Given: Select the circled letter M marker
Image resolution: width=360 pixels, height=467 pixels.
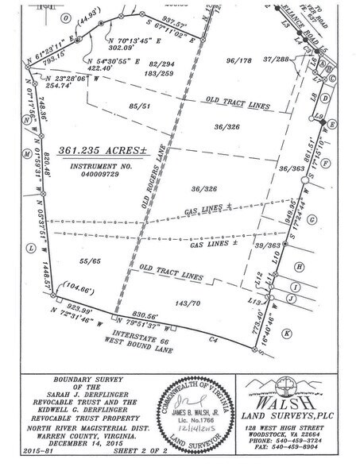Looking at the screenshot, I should [x=28, y=155].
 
